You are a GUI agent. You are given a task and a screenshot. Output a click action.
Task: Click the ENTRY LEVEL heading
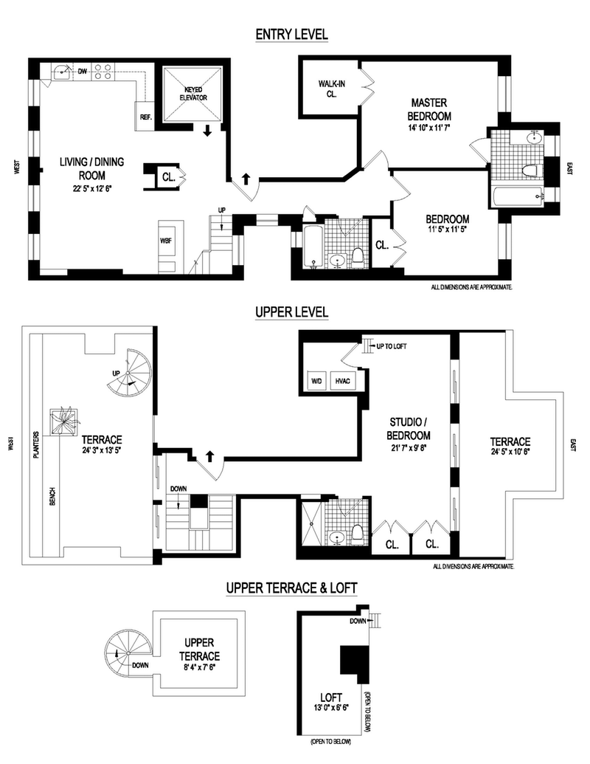pyautogui.click(x=291, y=35)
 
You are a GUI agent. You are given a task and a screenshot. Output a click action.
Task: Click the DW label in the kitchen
pyautogui.click(x=83, y=72)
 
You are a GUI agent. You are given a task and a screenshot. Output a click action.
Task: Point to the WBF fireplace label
pyautogui.click(x=166, y=241)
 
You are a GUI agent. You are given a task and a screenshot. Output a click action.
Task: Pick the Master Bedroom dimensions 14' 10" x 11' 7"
pyautogui.click(x=431, y=128)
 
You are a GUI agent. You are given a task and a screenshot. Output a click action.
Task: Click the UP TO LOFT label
pyautogui.click(x=392, y=346)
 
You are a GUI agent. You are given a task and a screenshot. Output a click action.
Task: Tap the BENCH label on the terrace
pyautogui.click(x=52, y=499)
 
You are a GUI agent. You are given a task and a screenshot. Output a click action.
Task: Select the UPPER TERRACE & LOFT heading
pyautogui.click(x=291, y=588)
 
